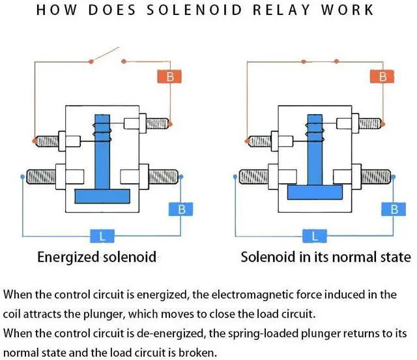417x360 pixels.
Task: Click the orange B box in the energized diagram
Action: click(x=169, y=77)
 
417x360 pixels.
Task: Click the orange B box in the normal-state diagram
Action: click(x=382, y=77)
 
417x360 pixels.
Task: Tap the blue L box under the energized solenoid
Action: click(x=102, y=236)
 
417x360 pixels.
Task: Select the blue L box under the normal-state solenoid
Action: click(x=315, y=236)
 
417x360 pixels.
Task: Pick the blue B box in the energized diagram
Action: click(x=181, y=209)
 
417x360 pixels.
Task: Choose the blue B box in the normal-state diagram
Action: click(x=394, y=209)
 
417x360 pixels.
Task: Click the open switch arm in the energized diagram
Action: click(x=105, y=54)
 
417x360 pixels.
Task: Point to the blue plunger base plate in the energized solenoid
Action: click(x=102, y=196)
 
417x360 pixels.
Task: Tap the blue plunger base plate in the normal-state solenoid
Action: click(x=315, y=192)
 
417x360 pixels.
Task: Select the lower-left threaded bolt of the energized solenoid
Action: click(x=41, y=177)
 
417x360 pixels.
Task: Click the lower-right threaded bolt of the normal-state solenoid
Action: click(x=376, y=177)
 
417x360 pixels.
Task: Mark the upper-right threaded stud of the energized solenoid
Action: click(x=157, y=123)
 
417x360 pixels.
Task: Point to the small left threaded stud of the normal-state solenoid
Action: click(x=260, y=141)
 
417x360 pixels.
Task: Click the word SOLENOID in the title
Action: click(x=194, y=10)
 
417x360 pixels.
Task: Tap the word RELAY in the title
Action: click(x=281, y=10)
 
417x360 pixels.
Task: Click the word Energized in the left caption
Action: click(x=68, y=258)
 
